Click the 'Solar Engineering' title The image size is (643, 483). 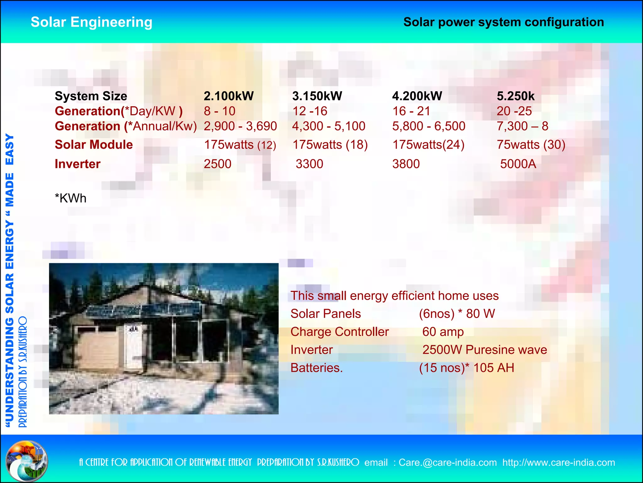click(91, 22)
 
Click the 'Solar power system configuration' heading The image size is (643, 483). click(503, 22)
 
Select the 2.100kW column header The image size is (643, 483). click(229, 96)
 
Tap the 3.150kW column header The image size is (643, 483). click(317, 96)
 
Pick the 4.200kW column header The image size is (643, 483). click(417, 96)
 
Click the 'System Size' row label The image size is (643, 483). click(91, 96)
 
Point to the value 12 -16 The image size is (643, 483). click(310, 111)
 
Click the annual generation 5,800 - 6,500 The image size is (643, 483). click(429, 126)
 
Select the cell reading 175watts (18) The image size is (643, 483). click(330, 145)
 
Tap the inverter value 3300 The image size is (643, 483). click(309, 164)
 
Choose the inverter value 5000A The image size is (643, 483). click(518, 164)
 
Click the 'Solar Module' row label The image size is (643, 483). click(94, 145)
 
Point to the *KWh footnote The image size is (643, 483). click(70, 198)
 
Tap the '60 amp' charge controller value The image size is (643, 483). click(443, 332)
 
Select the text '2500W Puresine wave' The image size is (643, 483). click(484, 350)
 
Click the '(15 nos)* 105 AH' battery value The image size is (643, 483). click(467, 368)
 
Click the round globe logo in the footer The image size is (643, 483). click(27, 461)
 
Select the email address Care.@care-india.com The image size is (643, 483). click(447, 463)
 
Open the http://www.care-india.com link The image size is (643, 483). click(559, 463)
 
